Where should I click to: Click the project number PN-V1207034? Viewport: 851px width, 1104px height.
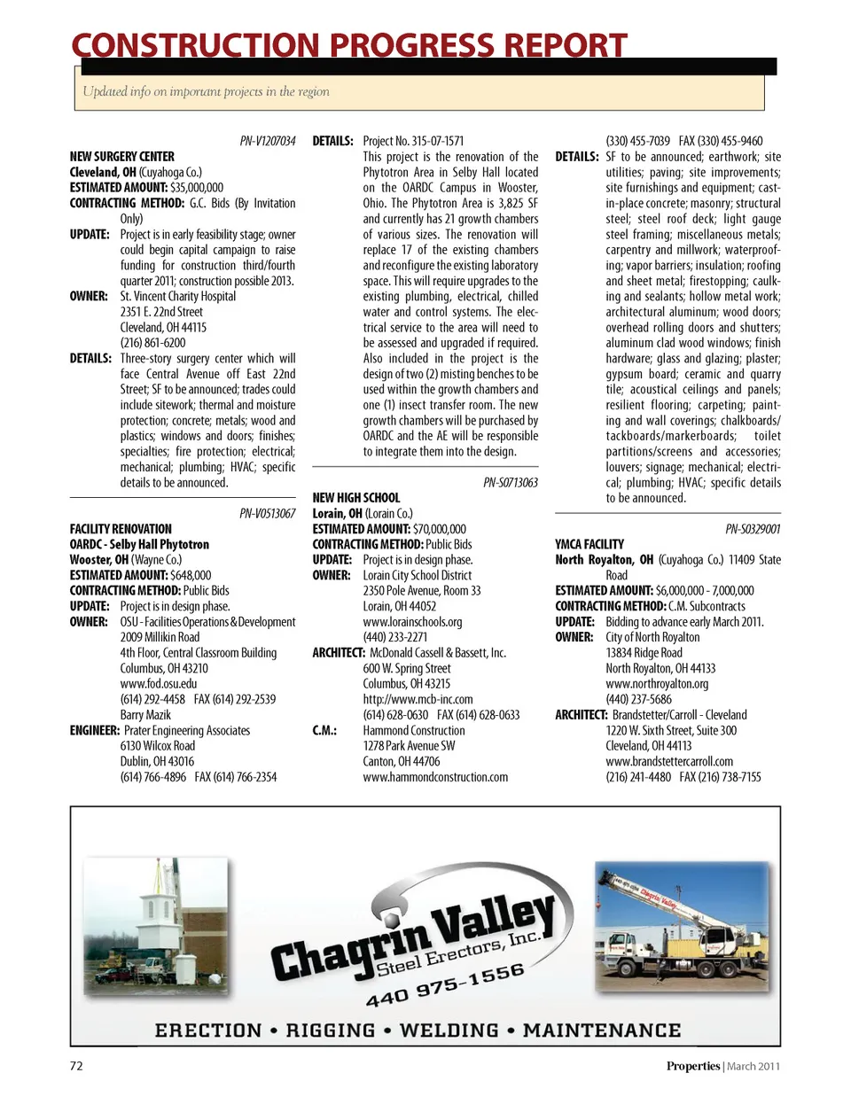tap(268, 141)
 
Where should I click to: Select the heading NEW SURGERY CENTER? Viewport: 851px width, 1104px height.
tap(122, 157)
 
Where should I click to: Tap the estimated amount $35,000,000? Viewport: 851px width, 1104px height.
tap(197, 188)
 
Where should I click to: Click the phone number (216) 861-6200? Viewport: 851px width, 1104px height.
tap(153, 343)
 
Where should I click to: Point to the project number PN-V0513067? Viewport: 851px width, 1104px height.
tap(268, 514)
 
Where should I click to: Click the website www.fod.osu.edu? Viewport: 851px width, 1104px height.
tap(159, 684)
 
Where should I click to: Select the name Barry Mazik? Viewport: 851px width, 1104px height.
tap(145, 715)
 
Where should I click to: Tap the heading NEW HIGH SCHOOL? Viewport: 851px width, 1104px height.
tap(356, 498)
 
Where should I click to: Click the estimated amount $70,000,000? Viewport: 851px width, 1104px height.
tap(440, 529)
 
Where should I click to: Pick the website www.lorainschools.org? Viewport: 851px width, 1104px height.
tap(412, 622)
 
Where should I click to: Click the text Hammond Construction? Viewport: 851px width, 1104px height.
tap(414, 731)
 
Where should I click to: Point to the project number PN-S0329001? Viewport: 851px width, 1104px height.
tap(753, 529)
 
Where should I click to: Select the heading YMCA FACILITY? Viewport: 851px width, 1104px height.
tap(589, 545)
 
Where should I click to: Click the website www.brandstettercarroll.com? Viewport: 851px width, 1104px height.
tap(669, 762)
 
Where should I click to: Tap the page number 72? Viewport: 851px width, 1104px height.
tap(76, 1066)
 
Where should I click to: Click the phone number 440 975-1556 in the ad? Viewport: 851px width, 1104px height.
tap(445, 984)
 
